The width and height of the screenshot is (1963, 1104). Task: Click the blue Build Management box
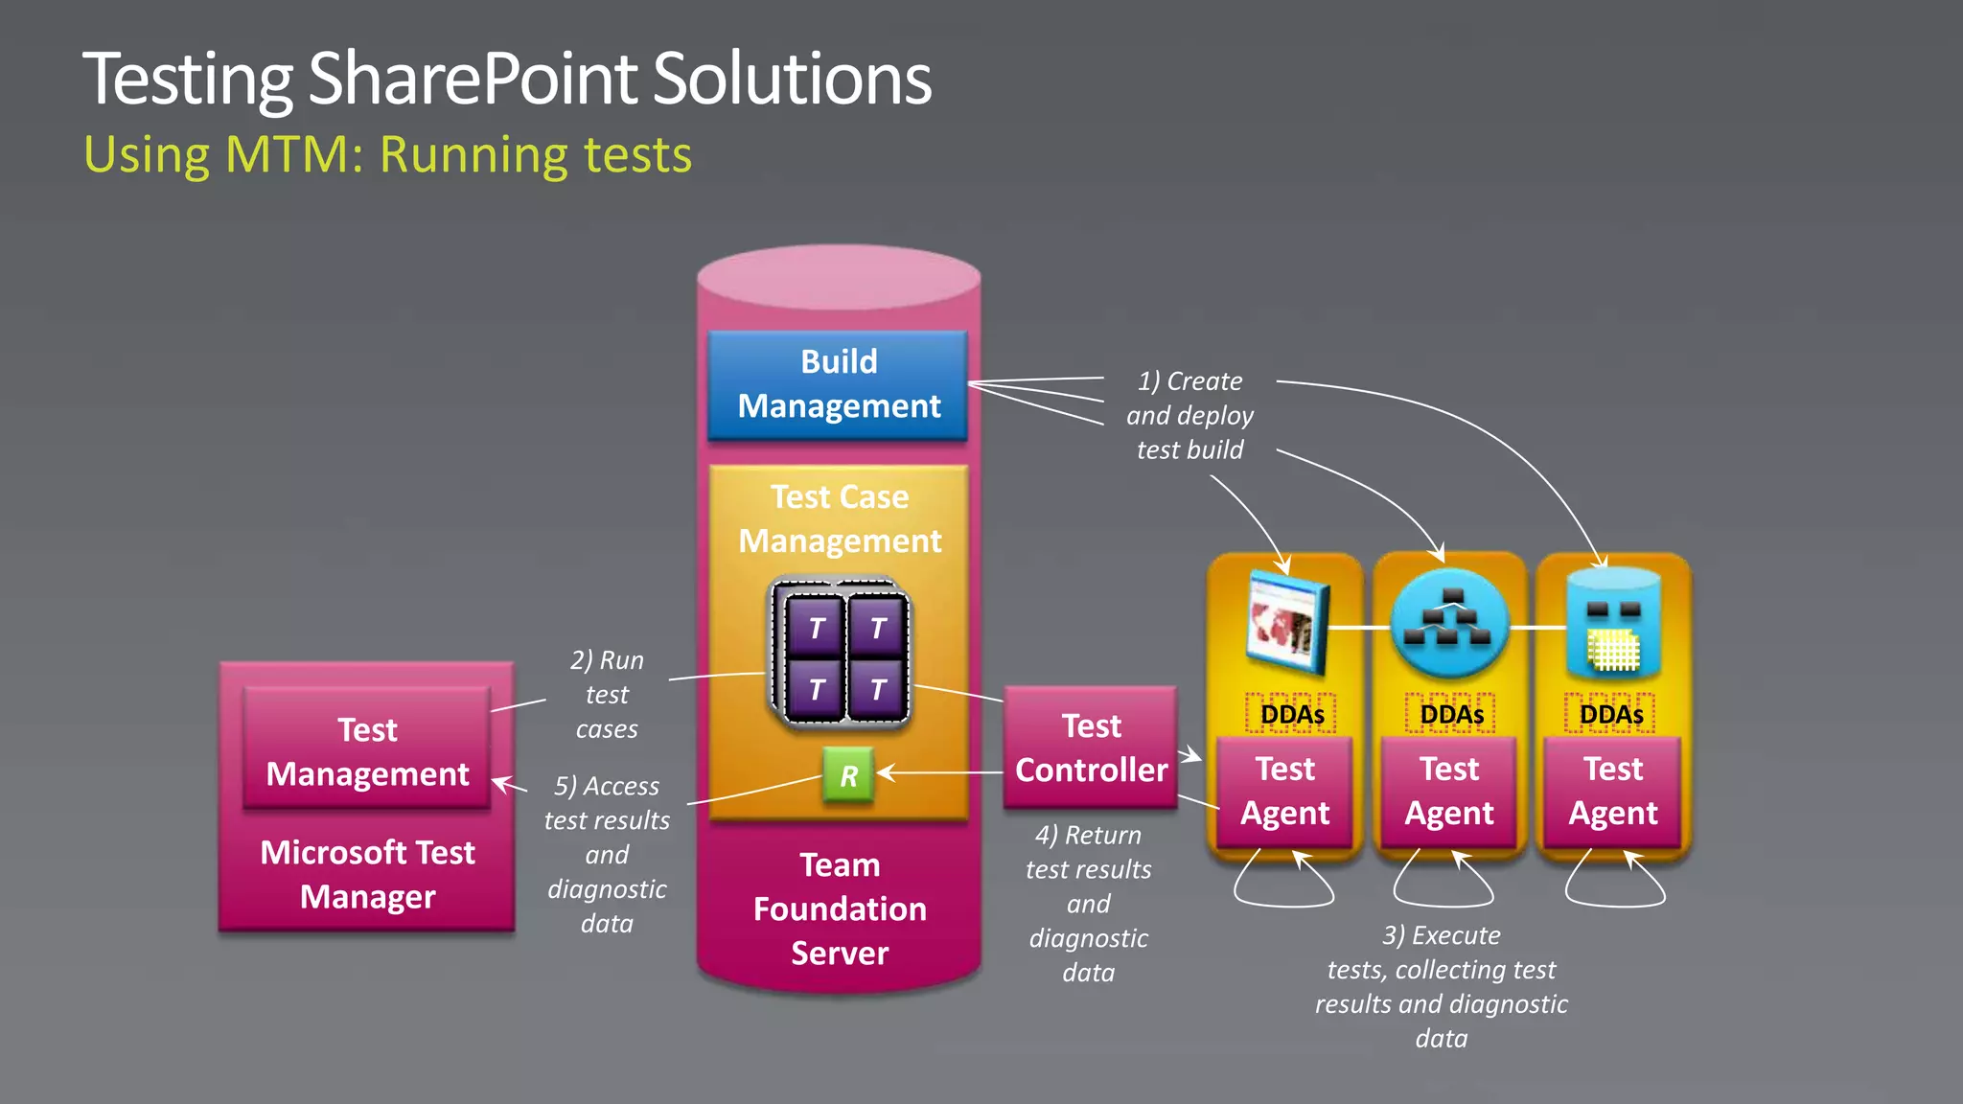click(838, 384)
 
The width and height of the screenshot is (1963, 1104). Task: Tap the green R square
click(848, 774)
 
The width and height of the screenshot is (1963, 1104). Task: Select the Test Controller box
click(1091, 747)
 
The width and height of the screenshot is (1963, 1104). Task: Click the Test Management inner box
click(367, 751)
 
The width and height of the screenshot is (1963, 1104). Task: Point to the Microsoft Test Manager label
click(367, 874)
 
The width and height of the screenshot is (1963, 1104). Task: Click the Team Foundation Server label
click(840, 908)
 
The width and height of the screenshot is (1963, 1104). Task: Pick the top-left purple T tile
click(816, 628)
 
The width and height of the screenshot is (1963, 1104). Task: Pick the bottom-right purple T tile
click(877, 689)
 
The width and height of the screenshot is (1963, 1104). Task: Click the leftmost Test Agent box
click(1284, 791)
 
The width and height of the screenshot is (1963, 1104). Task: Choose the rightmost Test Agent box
click(1612, 791)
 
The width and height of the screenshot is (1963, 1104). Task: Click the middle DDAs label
click(1450, 714)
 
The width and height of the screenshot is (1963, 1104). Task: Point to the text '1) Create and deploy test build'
click(1189, 416)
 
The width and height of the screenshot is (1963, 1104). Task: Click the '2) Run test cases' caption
click(607, 695)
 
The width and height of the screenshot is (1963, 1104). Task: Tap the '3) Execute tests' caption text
click(1441, 985)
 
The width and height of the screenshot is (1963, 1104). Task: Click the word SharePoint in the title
click(473, 79)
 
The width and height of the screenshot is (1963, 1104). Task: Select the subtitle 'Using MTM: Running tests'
click(387, 154)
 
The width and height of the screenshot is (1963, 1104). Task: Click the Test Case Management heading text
click(840, 518)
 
